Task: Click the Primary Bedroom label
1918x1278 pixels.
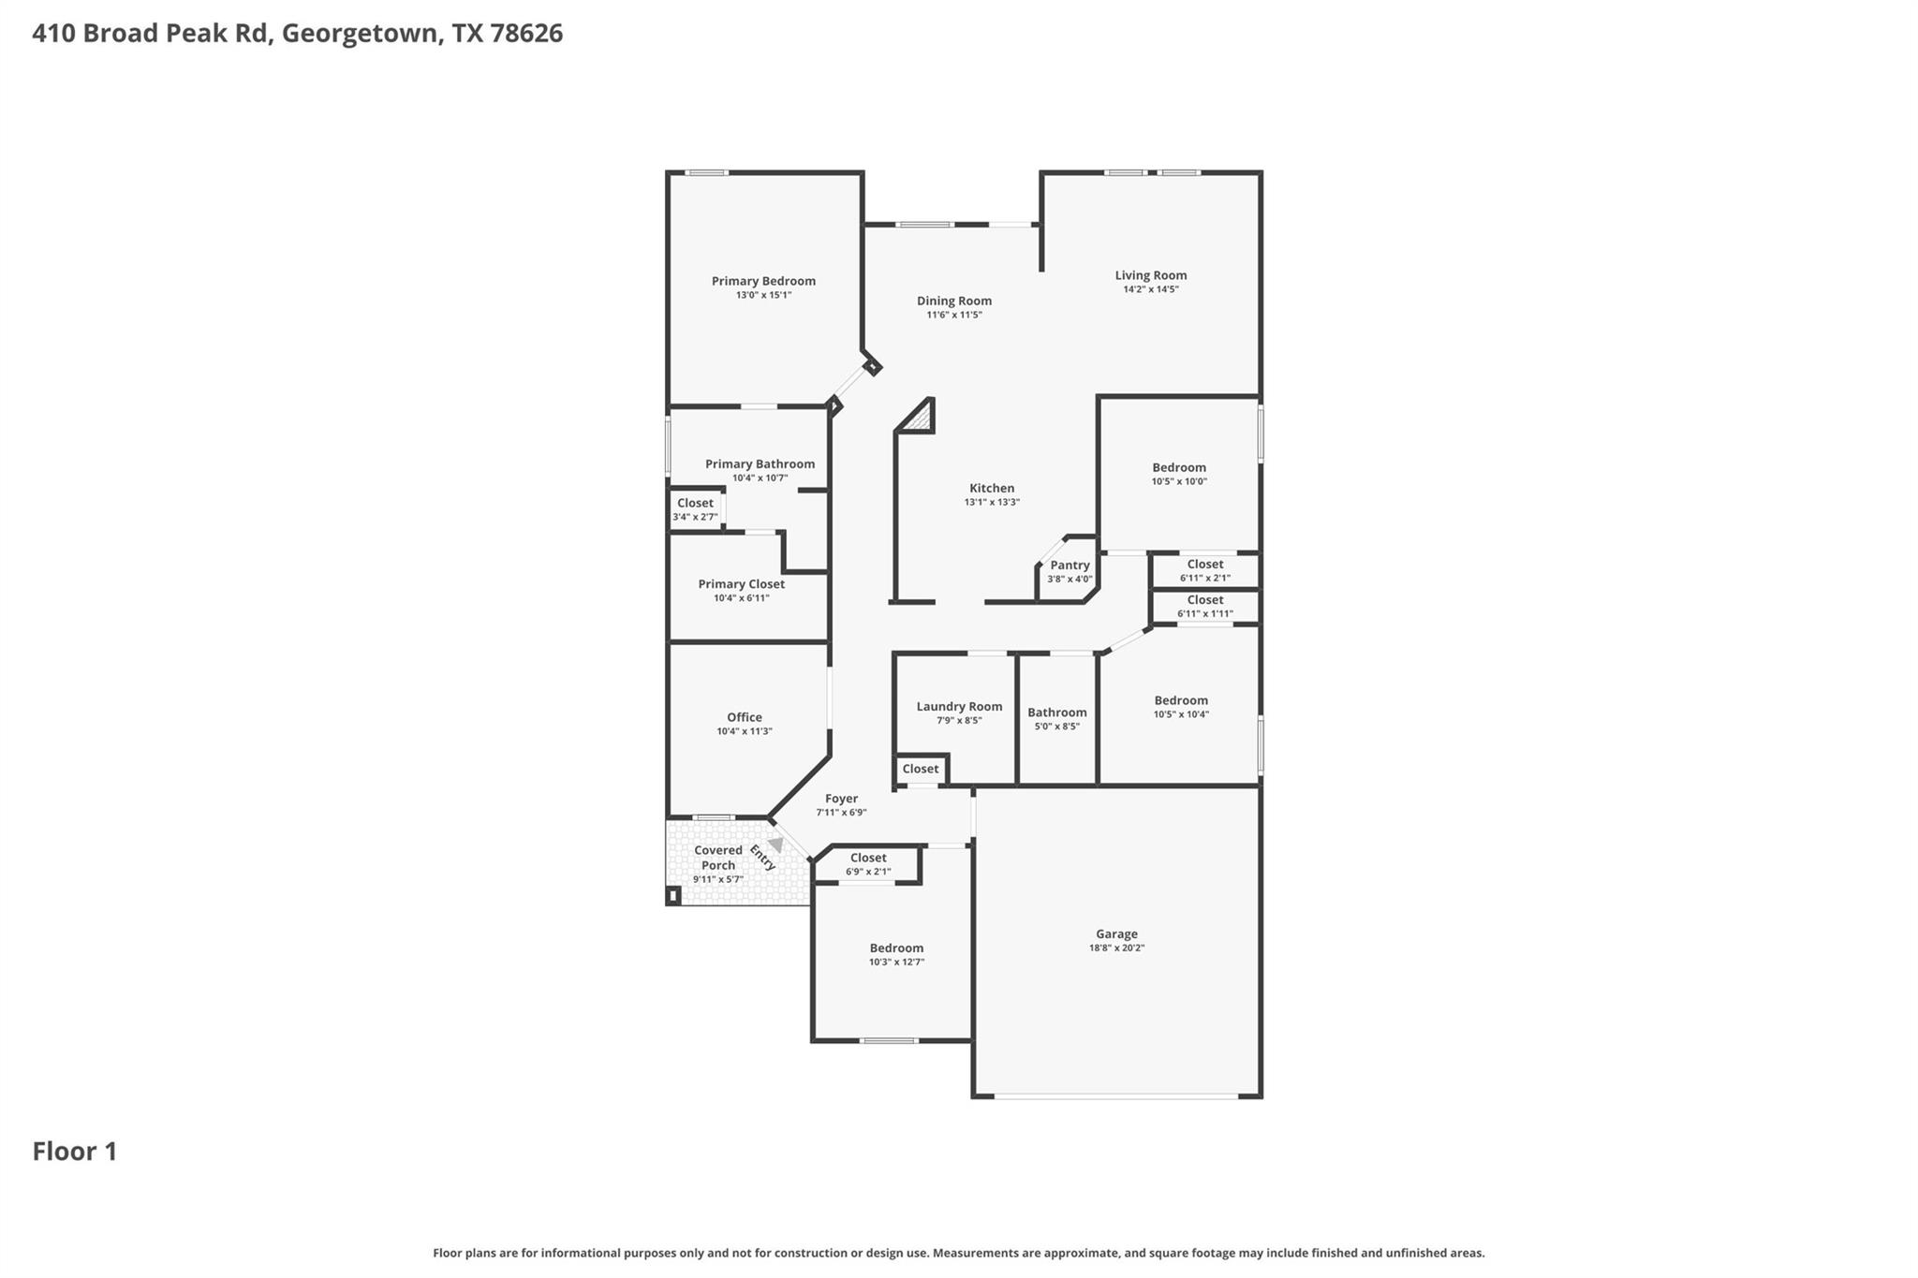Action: tap(763, 281)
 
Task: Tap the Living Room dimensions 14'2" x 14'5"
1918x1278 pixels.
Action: tap(1150, 289)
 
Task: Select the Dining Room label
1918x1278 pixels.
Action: tap(953, 301)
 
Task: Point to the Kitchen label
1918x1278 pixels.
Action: tap(992, 488)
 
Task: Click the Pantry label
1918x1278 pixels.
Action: tap(1070, 566)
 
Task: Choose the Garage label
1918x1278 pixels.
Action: tap(1116, 933)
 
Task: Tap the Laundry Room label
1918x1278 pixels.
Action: tap(959, 707)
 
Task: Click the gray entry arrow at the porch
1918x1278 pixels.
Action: tap(775, 845)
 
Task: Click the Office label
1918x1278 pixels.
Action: tap(745, 717)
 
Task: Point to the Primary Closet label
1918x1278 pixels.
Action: tap(741, 584)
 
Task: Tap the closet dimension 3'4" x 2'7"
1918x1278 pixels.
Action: tap(695, 517)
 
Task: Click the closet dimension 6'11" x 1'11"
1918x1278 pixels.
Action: tap(1204, 614)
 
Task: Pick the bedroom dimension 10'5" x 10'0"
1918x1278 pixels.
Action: tap(1179, 481)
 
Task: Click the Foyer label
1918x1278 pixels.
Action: tap(841, 799)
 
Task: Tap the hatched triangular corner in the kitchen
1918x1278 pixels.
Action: tap(921, 419)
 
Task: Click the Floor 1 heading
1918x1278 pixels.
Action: tap(75, 1152)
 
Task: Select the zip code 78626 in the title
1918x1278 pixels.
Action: tap(525, 34)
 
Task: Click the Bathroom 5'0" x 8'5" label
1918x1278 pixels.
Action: tap(1057, 712)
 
